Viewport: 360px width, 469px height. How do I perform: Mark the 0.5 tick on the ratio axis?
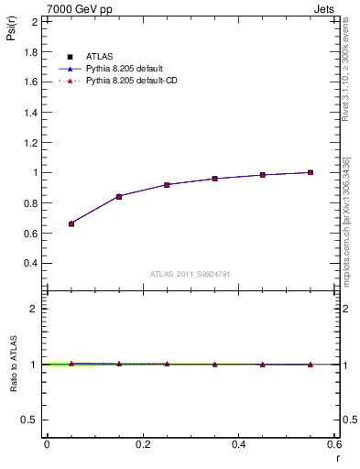point(34,420)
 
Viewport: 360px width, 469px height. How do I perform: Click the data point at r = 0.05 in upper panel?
point(71,224)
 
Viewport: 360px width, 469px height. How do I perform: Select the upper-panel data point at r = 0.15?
point(119,196)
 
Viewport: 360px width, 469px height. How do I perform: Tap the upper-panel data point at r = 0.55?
point(311,172)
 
